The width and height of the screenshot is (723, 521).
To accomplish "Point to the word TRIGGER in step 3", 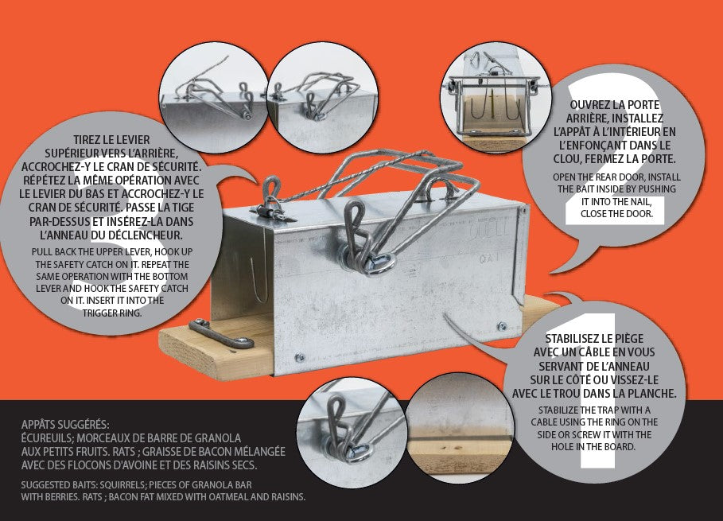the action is [x=99, y=313].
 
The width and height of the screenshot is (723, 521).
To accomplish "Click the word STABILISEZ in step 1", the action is [x=573, y=339].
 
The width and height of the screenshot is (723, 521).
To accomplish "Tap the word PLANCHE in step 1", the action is [x=652, y=394].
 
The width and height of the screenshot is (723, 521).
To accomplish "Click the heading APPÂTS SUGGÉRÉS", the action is [x=65, y=424].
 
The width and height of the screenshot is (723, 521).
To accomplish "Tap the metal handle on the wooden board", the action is [x=221, y=335].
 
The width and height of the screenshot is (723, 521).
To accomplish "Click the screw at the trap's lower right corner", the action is [x=502, y=327].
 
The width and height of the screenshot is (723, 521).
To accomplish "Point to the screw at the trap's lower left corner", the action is [x=300, y=357].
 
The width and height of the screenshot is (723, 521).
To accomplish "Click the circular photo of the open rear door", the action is [x=496, y=100].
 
